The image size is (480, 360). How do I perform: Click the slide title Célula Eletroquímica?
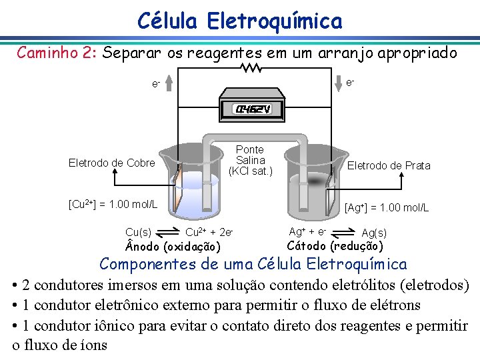tap(239, 21)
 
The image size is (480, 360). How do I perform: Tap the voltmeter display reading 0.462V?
tap(251, 109)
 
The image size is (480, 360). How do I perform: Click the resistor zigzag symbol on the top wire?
tap(251, 67)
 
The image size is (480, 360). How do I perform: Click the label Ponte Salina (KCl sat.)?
tap(251, 160)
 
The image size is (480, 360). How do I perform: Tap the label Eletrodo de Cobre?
tap(112, 163)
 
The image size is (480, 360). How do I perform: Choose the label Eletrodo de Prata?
tap(389, 165)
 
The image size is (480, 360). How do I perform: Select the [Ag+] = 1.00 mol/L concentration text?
tap(387, 208)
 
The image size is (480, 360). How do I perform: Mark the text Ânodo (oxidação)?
tap(173, 248)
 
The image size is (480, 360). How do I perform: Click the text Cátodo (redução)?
tap(335, 246)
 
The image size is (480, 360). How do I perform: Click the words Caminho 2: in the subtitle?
tap(57, 52)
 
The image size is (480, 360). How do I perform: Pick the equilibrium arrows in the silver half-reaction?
tap(343, 233)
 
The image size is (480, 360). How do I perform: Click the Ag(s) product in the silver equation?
tap(374, 233)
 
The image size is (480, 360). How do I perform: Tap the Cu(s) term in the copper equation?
tap(138, 232)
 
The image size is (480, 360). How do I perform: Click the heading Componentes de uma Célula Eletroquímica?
tap(253, 264)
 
